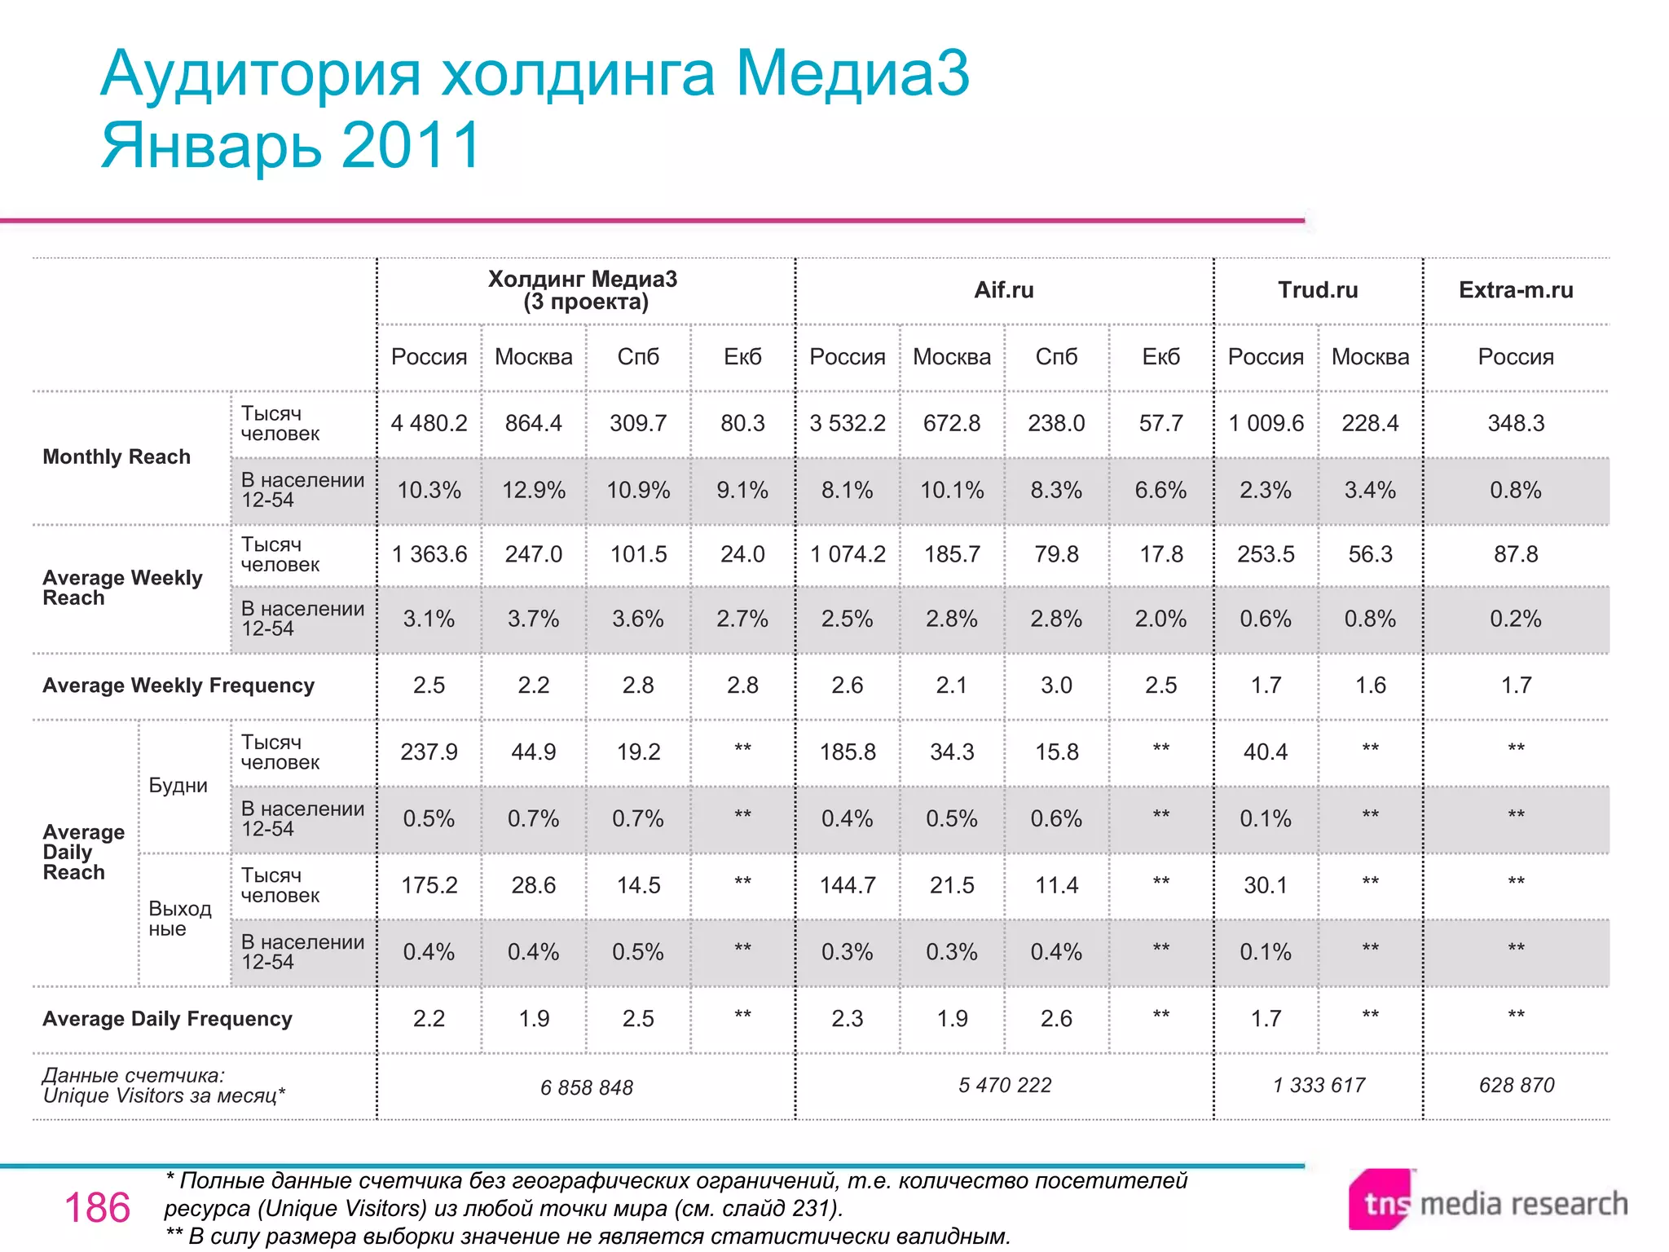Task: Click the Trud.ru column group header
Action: pos(1318,290)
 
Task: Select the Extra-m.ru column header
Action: pos(1516,290)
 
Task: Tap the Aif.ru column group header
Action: pos(1004,290)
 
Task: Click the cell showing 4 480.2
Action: pos(429,423)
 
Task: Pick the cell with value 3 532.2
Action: pos(848,423)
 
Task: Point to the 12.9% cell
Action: pos(534,490)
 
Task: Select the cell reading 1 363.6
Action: pos(429,554)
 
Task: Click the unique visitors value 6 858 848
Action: pos(587,1087)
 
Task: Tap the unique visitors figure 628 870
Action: pos(1517,1085)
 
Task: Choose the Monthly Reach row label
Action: pos(117,456)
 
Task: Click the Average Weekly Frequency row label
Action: pos(178,686)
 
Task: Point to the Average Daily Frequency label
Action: pos(167,1019)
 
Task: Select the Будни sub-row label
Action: pos(178,786)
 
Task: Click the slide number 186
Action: pos(97,1208)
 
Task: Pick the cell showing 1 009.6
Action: pos(1266,423)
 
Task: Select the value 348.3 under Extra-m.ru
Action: pos(1516,423)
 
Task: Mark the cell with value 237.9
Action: pos(429,752)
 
